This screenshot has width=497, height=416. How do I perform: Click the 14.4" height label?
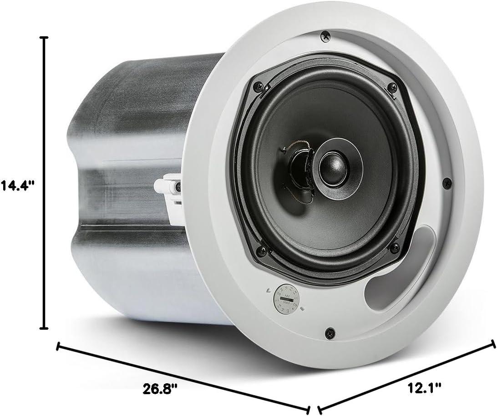(x=17, y=186)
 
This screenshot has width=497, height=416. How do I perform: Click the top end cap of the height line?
(x=44, y=38)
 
